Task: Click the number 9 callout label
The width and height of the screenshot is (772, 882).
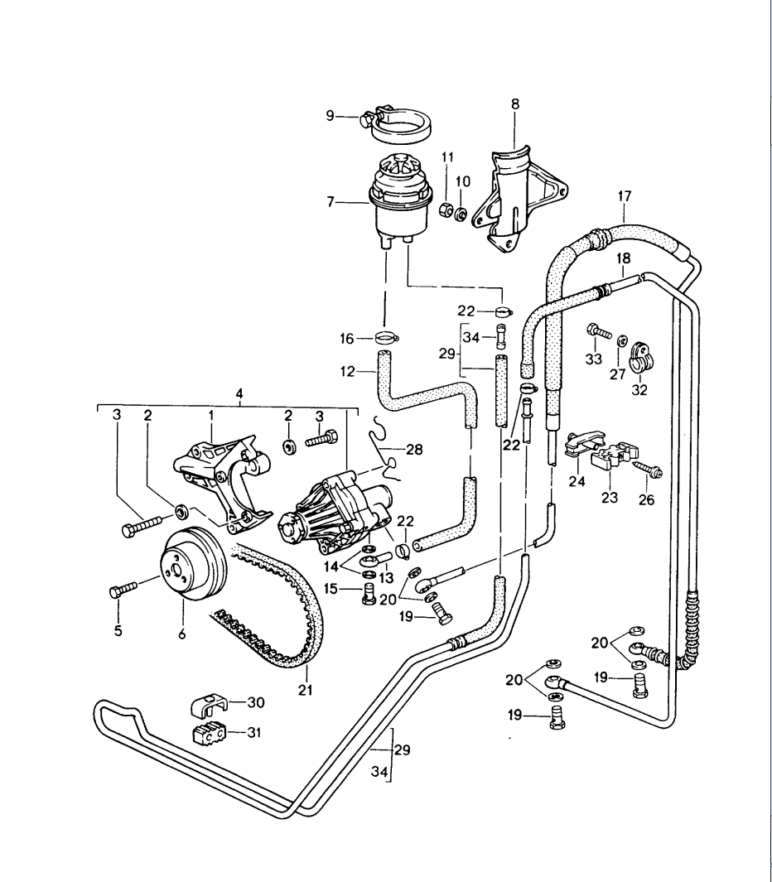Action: click(329, 117)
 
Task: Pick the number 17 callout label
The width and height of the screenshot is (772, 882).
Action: click(625, 196)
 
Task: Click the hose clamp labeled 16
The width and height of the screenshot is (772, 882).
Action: click(384, 338)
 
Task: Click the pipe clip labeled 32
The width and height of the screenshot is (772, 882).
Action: click(641, 355)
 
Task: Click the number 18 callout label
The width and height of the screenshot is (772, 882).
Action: click(623, 258)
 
